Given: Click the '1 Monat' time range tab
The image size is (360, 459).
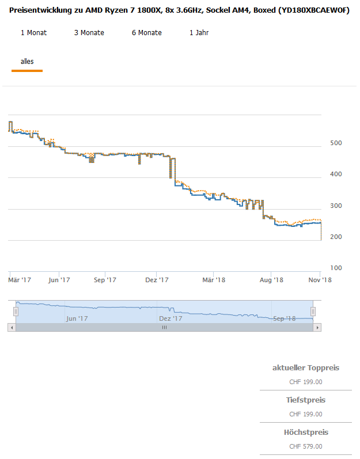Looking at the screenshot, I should pos(33,33).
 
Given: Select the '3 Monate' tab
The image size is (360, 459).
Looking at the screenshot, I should pos(89,33).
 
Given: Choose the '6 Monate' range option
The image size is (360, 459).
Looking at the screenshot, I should pos(147,33).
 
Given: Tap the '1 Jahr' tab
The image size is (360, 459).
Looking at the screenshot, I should pos(199,33).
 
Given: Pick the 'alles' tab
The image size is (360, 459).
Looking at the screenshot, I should pos(27,61).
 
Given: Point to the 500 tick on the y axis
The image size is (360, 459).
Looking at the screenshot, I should pos(336,143).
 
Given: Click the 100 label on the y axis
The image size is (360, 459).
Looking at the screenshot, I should pos(336,268).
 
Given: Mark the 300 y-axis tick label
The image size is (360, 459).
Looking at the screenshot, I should pos(336,206).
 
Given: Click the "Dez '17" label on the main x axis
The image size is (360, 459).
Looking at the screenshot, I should pos(157,280).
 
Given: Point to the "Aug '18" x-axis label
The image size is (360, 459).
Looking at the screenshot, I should pos(272,280).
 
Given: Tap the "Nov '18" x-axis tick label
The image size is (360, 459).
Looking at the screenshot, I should pos(320,280).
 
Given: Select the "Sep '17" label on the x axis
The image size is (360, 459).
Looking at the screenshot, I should pos(104,280).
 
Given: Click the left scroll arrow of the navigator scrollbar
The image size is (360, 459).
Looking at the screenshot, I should pos(12,327).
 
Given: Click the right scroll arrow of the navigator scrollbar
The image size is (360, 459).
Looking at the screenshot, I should pos(317,327).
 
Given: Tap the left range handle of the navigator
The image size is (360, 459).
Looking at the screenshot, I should pos(16,311).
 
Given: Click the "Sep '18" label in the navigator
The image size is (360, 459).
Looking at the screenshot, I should pos(284,318).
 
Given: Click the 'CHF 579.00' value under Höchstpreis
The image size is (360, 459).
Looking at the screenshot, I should pos(305,446).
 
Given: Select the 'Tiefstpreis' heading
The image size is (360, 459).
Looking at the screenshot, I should pos(305,400).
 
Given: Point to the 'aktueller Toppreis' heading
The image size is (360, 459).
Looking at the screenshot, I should pos(305,367).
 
